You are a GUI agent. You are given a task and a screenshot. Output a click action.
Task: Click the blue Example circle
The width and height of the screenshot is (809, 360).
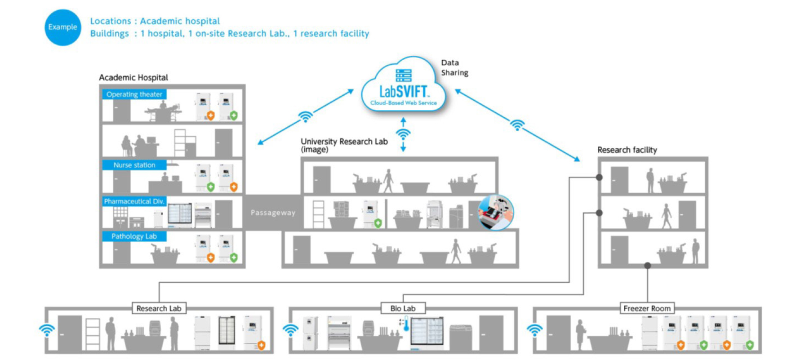(x=62, y=27)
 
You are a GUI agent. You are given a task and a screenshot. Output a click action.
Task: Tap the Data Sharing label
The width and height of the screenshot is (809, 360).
(x=454, y=68)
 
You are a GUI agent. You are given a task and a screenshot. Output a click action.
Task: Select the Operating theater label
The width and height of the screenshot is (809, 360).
(x=134, y=94)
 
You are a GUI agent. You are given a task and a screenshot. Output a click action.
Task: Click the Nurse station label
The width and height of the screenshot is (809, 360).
(x=134, y=165)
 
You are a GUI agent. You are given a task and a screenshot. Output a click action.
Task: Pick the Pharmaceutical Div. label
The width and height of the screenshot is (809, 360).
(x=134, y=201)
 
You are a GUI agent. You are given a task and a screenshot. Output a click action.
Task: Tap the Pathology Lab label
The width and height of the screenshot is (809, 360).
(x=134, y=236)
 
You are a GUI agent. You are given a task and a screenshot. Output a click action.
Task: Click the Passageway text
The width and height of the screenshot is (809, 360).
(x=273, y=213)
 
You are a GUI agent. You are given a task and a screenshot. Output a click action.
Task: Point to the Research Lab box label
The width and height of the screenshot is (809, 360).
(x=159, y=308)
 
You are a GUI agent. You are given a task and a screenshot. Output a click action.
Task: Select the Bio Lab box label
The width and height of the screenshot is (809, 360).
(x=403, y=308)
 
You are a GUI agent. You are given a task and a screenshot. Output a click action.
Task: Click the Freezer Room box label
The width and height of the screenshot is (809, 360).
(x=647, y=308)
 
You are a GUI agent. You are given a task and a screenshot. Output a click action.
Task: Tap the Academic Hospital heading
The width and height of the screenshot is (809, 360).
(x=133, y=77)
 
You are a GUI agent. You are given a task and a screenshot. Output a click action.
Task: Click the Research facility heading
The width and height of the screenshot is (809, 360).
(x=627, y=150)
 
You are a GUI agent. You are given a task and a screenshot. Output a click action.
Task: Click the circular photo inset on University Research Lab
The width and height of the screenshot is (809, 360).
(x=495, y=213)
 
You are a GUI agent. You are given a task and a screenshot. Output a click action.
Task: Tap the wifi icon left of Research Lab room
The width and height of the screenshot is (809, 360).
(x=47, y=330)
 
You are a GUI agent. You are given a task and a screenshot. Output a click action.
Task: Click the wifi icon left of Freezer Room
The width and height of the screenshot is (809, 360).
(x=534, y=330)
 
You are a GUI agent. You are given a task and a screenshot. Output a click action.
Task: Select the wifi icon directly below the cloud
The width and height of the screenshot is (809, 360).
(x=403, y=134)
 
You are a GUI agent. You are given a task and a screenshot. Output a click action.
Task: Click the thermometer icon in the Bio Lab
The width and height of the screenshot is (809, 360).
(x=406, y=323)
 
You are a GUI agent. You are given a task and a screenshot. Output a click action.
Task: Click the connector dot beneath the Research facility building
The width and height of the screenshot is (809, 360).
(x=647, y=266)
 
